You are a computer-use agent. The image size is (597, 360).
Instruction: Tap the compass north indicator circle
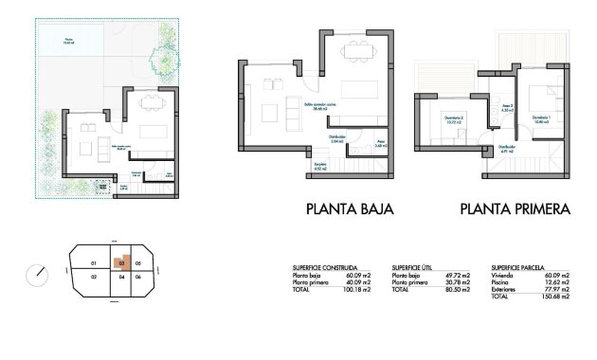(x=40, y=274)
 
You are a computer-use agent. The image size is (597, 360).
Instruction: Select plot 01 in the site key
(x=93, y=262)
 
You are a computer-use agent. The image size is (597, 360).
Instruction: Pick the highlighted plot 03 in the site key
(x=122, y=262)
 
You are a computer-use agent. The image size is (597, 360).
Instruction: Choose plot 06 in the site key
(x=137, y=277)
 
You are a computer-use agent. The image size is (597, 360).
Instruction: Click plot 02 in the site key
(x=93, y=277)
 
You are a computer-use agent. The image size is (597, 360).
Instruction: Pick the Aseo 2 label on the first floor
(x=508, y=106)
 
